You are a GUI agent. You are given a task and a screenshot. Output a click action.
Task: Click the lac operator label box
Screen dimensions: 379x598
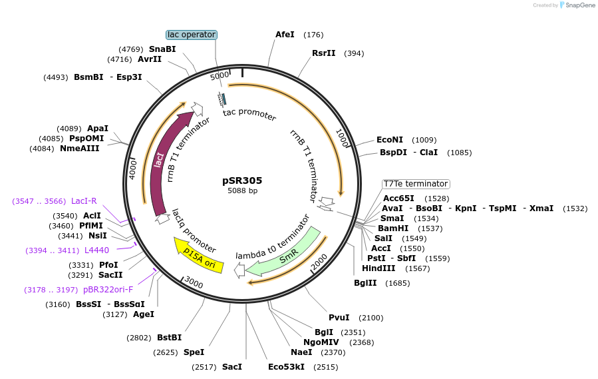(x=192, y=35)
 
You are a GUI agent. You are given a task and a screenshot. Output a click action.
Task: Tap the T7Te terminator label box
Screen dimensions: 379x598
(x=416, y=184)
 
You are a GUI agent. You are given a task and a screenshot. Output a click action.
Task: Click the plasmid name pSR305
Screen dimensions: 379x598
(x=242, y=181)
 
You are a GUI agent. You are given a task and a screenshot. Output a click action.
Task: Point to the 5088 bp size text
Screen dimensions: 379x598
(x=242, y=191)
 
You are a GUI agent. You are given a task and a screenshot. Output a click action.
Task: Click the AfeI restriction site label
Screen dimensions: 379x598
(x=285, y=35)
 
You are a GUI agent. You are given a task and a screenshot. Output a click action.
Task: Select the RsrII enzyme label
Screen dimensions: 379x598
(x=324, y=53)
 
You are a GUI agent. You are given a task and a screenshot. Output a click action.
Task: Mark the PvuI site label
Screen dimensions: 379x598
(x=339, y=317)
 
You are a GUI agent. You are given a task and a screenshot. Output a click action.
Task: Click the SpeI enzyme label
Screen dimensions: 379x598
(x=194, y=352)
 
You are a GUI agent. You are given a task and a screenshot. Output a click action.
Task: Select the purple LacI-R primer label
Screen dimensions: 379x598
(x=84, y=200)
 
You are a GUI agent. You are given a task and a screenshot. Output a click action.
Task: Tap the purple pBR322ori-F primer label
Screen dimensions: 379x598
(x=108, y=289)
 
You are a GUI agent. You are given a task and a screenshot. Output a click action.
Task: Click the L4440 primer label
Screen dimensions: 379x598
(x=96, y=250)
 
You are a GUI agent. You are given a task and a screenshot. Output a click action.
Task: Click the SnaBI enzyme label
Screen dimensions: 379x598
(x=162, y=49)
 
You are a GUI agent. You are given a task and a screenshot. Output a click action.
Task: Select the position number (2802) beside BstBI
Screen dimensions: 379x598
(x=139, y=338)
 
